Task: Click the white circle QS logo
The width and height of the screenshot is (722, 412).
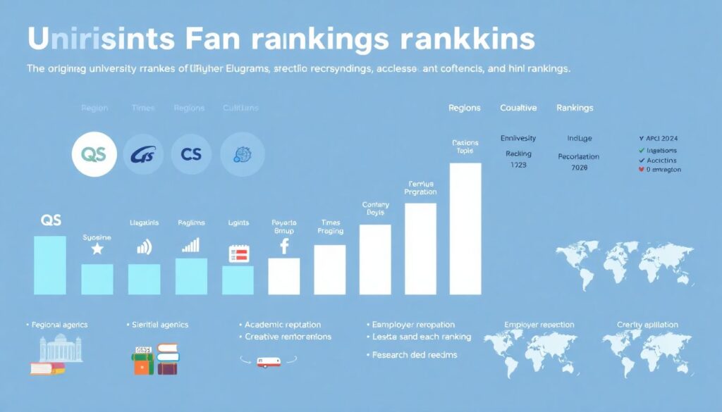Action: coord(94,154)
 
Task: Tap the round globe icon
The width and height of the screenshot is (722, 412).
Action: coord(243,154)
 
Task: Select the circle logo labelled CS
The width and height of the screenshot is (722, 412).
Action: coord(191,154)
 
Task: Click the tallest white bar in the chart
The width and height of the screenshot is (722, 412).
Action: coord(465,229)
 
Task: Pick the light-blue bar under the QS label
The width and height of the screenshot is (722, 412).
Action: coord(50,265)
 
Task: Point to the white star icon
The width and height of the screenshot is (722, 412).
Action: coord(97,249)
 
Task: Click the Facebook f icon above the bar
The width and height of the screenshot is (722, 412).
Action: coord(285,246)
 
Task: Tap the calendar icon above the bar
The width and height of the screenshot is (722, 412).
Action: coord(239,254)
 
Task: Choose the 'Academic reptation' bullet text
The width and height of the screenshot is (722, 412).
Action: coord(283,325)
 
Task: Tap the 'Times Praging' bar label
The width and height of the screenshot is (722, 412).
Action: coord(330,226)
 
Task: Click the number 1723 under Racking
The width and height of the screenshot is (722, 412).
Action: coord(518,165)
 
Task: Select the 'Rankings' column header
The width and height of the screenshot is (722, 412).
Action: coord(575,108)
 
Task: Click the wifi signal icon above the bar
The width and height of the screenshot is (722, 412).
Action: coord(144,246)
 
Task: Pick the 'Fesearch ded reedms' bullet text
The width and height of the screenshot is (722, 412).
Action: coord(415,354)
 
